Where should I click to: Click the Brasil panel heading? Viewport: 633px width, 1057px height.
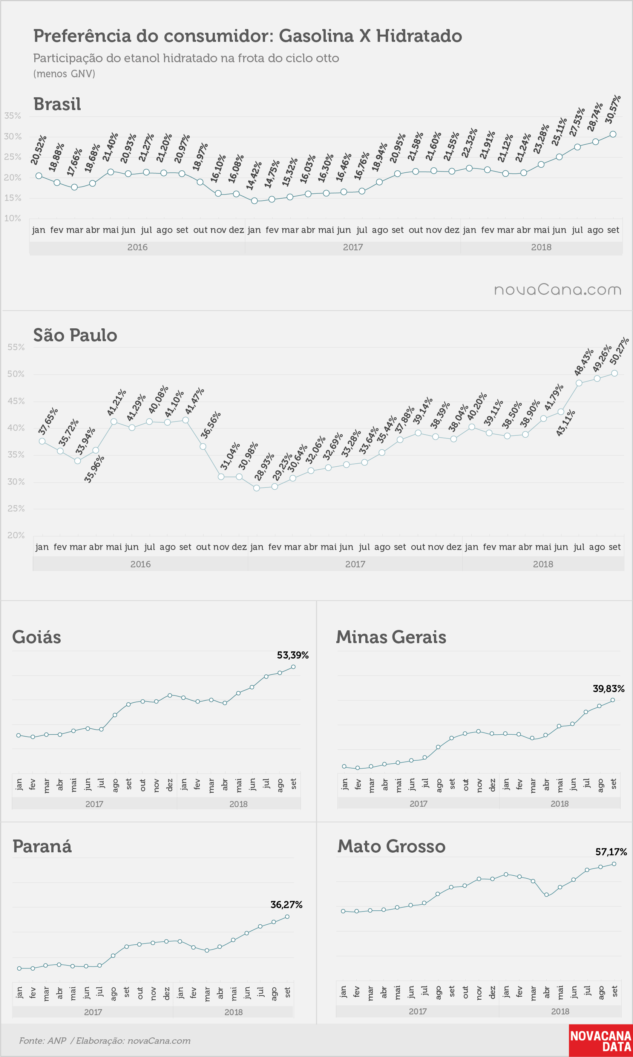click(57, 104)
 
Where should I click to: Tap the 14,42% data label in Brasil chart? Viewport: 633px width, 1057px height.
click(254, 175)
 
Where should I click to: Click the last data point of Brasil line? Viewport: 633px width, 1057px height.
click(613, 134)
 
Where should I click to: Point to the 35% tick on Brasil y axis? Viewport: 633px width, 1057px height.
click(12, 116)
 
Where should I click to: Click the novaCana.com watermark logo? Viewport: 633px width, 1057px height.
click(558, 290)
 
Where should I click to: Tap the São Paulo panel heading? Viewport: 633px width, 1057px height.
click(75, 335)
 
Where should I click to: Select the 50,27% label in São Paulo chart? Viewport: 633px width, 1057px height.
click(619, 351)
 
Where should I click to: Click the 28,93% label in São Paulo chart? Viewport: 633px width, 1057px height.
click(264, 467)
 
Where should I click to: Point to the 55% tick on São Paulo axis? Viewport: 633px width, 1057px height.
click(16, 347)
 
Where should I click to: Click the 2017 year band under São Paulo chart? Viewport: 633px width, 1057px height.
click(355, 564)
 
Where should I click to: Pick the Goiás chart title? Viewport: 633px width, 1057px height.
click(37, 637)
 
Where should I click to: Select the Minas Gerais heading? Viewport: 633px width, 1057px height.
click(391, 637)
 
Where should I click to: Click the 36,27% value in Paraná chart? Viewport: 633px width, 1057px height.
click(287, 905)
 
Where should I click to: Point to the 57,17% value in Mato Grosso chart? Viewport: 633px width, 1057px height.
click(611, 852)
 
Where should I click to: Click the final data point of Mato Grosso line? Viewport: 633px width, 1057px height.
click(614, 864)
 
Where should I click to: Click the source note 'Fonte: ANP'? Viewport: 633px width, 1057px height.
click(43, 1040)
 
